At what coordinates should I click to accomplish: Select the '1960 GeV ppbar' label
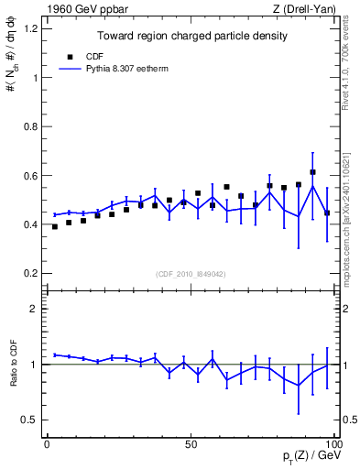pyautogui.click(x=80, y=9)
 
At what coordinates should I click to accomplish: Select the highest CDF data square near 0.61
pyautogui.click(x=312, y=172)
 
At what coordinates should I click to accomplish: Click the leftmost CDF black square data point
pyautogui.click(x=54, y=226)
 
